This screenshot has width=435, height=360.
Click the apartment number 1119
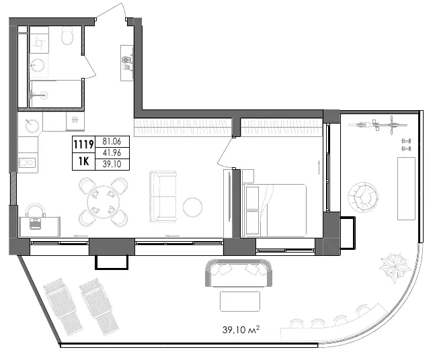(x=83, y=144)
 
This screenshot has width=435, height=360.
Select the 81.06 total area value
(x=112, y=141)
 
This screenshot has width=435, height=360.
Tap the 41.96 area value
(x=112, y=152)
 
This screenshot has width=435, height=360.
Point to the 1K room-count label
(x=83, y=161)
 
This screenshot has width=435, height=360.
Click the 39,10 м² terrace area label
(x=241, y=330)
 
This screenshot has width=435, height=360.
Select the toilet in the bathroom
(x=67, y=35)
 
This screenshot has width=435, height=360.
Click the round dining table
(x=104, y=202)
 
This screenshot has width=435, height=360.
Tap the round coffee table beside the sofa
(x=192, y=207)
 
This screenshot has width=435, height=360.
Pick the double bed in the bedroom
(x=274, y=210)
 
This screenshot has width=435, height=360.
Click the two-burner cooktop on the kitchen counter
(x=27, y=163)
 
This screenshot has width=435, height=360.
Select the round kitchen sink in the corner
(x=32, y=126)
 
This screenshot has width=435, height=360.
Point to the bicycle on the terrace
(x=378, y=125)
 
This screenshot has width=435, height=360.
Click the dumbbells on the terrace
(x=406, y=144)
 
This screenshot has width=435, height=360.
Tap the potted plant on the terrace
(x=395, y=267)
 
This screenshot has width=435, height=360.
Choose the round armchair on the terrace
(x=363, y=197)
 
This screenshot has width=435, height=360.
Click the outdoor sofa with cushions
(x=239, y=273)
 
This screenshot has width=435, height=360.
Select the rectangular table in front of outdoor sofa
(x=240, y=302)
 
